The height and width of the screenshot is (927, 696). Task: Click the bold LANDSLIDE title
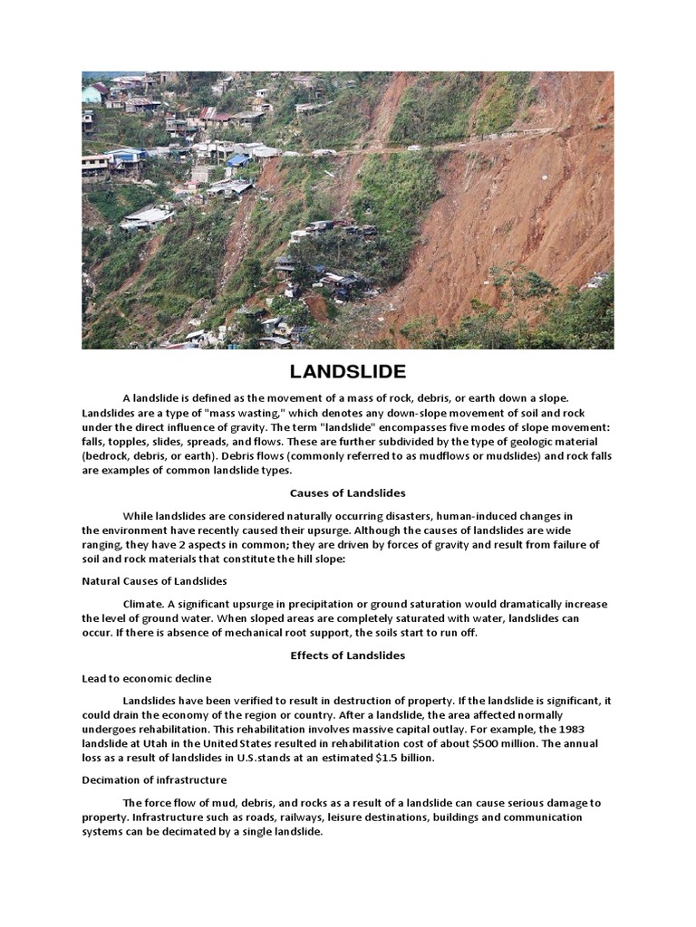348,372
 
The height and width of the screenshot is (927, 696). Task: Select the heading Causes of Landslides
347,493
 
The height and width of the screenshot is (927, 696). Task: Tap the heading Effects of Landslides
347,655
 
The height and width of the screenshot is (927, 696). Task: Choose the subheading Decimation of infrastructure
154,779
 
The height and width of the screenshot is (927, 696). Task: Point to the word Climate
143,604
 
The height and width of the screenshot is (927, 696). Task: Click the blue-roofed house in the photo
238,160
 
